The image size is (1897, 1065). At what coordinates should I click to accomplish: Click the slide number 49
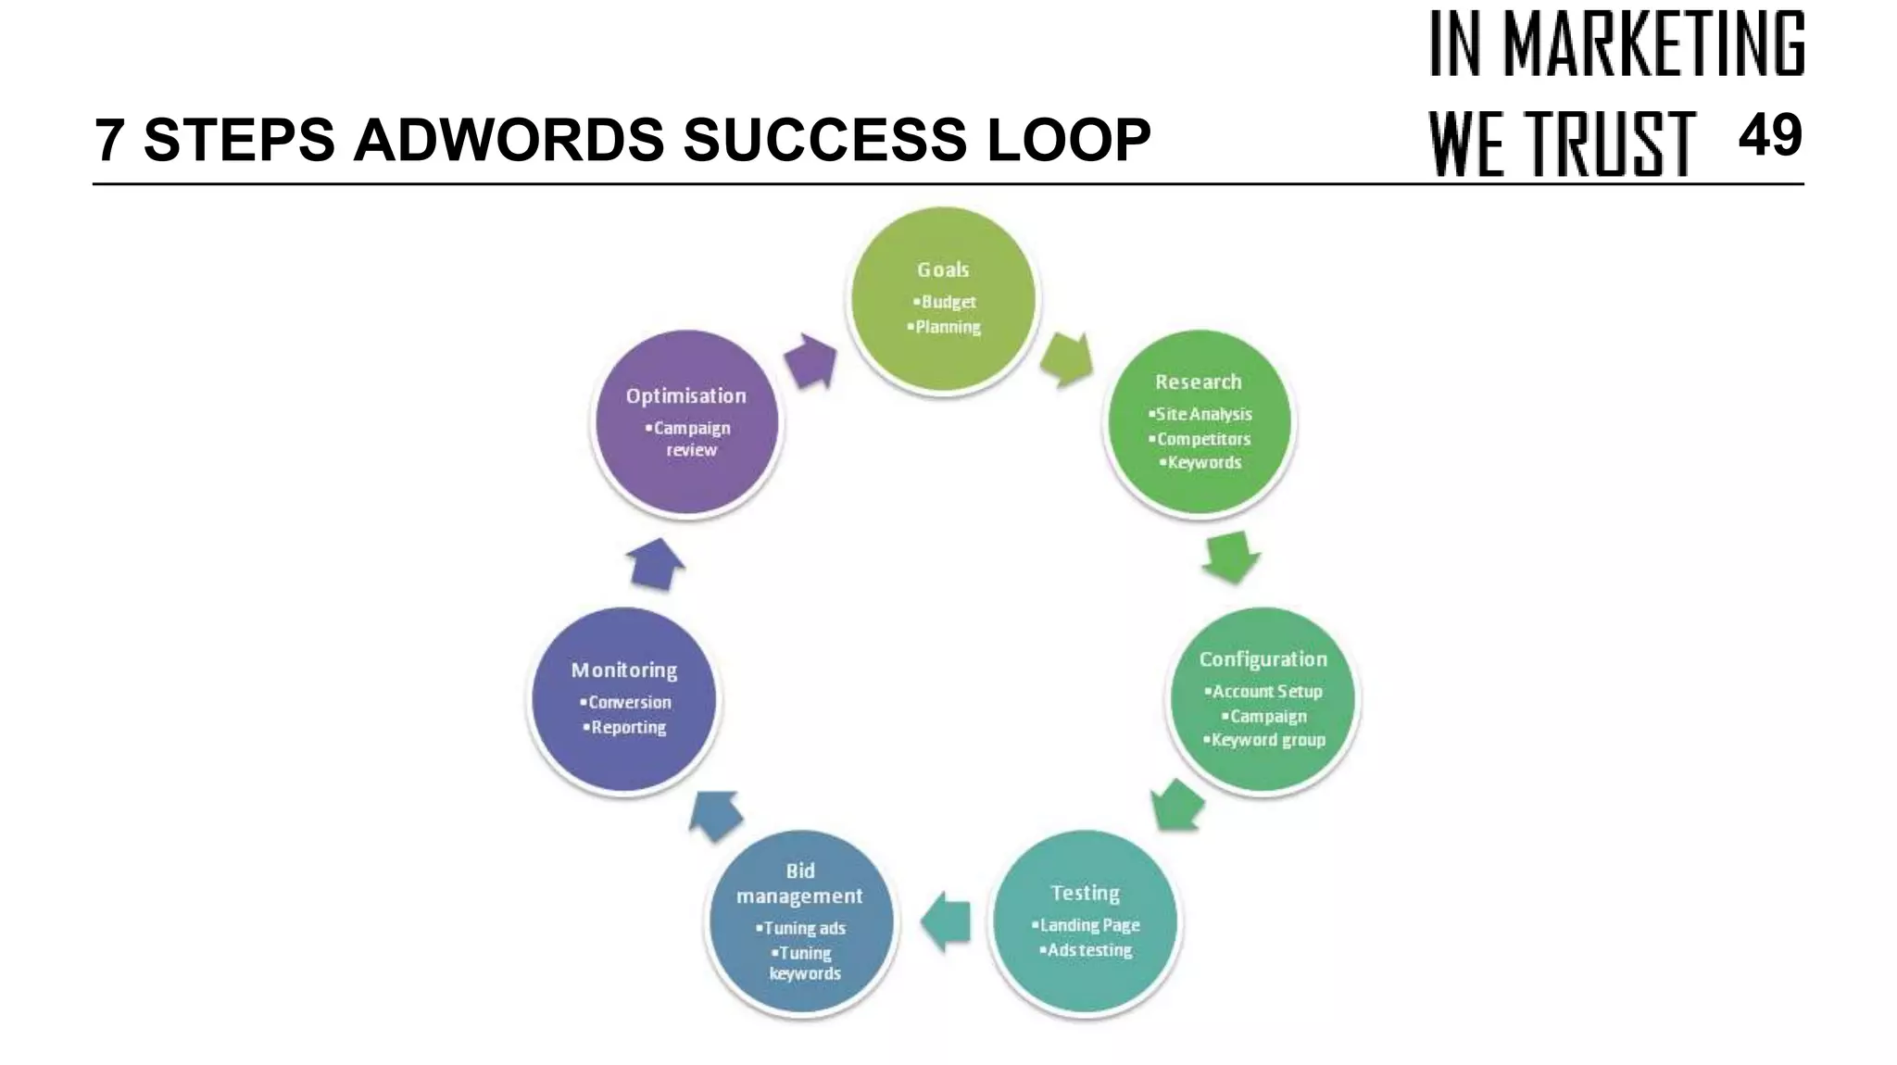pos(1769,136)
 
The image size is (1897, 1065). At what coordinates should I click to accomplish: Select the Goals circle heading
pos(943,269)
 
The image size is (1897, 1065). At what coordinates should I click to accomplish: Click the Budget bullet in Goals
pos(946,302)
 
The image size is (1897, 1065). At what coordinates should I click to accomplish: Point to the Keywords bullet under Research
pos(1202,462)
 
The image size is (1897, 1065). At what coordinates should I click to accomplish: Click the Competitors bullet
pos(1201,439)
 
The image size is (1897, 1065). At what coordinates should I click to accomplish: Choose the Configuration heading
pos(1263,659)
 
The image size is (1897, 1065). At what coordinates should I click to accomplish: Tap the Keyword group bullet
pos(1265,740)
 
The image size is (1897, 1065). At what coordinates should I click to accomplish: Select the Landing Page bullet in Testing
pos(1087,925)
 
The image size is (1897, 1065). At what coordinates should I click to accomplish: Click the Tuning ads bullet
pos(802,928)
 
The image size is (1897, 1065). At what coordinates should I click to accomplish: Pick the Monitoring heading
pos(624,670)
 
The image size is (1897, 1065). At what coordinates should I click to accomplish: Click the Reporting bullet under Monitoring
pos(626,727)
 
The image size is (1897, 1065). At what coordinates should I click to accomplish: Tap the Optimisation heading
pos(685,396)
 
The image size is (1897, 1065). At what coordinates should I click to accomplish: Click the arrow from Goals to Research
pos(1066,358)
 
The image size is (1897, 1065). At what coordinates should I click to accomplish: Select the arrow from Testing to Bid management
pos(946,921)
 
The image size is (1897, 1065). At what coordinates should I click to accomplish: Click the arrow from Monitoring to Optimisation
pos(655,564)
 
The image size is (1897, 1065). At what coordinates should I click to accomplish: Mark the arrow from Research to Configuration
pos(1232,557)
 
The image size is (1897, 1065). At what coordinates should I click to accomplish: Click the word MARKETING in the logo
pos(1653,44)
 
